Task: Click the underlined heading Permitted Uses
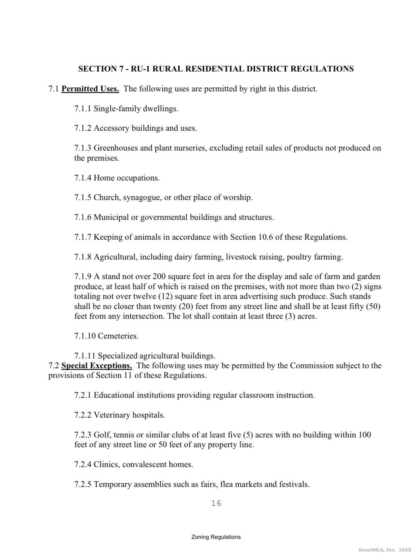(90, 89)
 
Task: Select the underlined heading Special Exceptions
(97, 366)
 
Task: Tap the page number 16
(216, 503)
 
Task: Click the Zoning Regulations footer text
(216, 537)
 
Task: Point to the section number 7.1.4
(83, 178)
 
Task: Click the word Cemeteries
(118, 336)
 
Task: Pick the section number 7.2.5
(83, 484)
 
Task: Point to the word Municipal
(111, 217)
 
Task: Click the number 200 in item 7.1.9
(159, 277)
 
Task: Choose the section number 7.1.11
(85, 356)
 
